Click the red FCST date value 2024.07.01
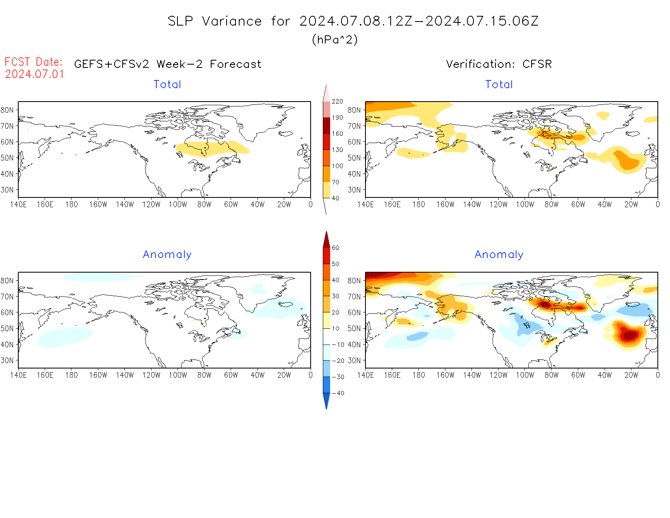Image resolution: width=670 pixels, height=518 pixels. (x=35, y=74)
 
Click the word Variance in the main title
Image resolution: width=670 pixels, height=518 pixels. (x=232, y=21)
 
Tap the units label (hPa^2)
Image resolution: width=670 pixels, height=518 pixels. (x=335, y=39)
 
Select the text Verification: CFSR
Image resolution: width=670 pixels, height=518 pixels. (x=499, y=64)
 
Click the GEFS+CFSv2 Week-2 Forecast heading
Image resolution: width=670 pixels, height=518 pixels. (x=168, y=64)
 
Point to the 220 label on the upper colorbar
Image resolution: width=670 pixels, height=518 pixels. (x=337, y=102)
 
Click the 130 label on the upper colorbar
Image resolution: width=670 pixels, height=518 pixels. (x=337, y=150)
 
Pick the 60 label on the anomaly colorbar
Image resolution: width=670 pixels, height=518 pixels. (x=335, y=248)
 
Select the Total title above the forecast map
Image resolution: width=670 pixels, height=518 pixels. (x=167, y=85)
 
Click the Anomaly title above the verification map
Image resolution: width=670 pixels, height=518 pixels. (x=499, y=255)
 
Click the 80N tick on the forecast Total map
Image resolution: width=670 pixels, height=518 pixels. (x=7, y=110)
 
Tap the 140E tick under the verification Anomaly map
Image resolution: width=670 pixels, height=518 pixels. (x=365, y=375)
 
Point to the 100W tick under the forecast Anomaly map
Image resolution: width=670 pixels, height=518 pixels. (x=178, y=375)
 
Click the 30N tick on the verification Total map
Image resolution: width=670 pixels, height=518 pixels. (x=354, y=190)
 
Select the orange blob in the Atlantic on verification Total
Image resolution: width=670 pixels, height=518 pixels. (x=627, y=161)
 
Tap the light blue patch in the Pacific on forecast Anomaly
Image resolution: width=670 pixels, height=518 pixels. (x=65, y=336)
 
